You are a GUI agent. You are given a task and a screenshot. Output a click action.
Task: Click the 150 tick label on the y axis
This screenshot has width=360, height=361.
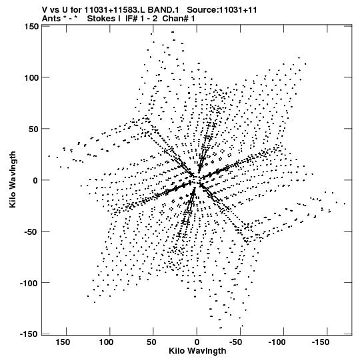tap(32, 27)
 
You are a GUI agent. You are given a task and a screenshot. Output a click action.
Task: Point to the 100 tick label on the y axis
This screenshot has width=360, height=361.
tap(32, 78)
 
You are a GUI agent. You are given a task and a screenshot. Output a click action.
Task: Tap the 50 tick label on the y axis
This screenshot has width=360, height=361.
tap(34, 129)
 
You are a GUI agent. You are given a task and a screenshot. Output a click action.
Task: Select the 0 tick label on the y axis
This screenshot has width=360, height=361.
tap(35, 180)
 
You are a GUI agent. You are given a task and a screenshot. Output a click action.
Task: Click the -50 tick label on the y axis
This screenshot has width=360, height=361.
tap(31, 232)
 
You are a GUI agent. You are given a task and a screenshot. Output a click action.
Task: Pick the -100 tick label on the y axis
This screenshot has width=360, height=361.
tap(29, 283)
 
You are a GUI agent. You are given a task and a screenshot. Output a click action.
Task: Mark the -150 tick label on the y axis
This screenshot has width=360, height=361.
tap(29, 334)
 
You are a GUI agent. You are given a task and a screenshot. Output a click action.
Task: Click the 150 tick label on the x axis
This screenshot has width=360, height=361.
tap(63, 342)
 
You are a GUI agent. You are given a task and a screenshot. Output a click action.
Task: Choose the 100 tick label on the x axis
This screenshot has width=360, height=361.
tap(106, 342)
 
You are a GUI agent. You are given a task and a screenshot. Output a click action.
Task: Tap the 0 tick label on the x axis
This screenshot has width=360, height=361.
tap(197, 342)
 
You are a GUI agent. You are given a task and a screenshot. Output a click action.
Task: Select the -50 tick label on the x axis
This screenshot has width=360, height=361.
tap(236, 342)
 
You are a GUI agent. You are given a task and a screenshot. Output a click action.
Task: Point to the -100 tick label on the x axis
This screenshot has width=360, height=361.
tap(277, 342)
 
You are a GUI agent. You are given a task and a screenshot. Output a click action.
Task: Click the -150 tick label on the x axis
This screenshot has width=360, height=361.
tap(321, 342)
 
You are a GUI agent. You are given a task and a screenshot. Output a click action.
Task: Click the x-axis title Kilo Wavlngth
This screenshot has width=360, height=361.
tap(197, 351)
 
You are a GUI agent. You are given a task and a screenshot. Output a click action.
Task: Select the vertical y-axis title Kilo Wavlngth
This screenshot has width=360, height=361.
tap(13, 179)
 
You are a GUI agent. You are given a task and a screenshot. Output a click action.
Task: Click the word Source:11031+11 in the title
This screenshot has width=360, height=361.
tap(222, 10)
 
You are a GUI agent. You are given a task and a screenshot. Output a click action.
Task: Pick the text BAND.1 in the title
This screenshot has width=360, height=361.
tap(163, 10)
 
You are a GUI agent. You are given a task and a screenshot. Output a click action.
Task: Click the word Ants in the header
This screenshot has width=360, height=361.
tap(51, 19)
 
